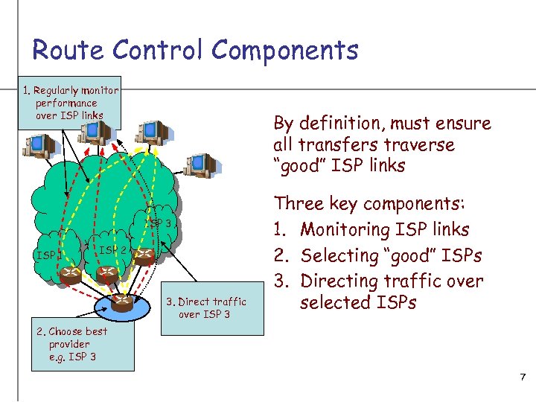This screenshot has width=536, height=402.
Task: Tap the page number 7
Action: [523, 378]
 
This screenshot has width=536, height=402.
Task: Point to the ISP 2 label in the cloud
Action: [115, 250]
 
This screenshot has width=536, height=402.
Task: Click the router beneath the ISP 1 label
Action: [71, 272]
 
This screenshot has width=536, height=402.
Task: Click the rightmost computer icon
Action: [199, 165]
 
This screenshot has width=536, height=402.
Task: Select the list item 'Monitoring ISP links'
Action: [384, 229]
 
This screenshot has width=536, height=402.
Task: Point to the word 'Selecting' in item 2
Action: [339, 255]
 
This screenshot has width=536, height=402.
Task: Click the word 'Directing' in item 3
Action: [339, 281]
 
